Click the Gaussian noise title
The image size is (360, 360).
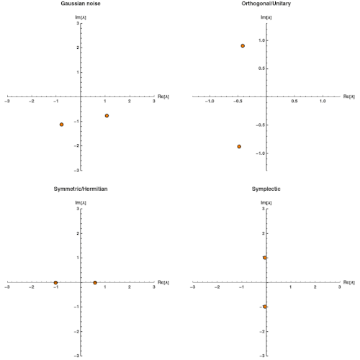tap(81, 4)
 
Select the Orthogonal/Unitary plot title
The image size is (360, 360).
tap(266, 4)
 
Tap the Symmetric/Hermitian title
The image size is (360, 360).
tap(81, 189)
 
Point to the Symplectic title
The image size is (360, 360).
tap(266, 189)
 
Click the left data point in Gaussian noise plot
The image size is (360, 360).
tap(61, 125)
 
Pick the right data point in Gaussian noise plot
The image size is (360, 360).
tap(107, 116)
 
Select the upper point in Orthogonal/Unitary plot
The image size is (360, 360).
tap(243, 46)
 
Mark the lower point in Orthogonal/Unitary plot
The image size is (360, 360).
tap(239, 147)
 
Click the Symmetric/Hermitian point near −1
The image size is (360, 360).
tap(55, 283)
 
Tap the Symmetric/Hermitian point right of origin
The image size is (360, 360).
tap(95, 283)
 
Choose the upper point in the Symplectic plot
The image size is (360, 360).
tap(265, 258)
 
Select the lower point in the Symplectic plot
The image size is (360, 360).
tap(265, 307)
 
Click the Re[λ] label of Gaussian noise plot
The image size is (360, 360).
tap(163, 96)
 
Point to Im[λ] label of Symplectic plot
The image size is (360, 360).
tap(266, 203)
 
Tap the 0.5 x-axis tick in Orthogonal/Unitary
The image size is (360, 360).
tap(294, 101)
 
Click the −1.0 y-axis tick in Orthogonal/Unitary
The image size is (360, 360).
tap(260, 153)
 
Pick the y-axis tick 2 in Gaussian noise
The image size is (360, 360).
tap(78, 48)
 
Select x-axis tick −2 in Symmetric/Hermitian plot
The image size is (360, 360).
tap(31, 287)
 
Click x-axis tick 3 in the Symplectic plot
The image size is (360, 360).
tap(339, 287)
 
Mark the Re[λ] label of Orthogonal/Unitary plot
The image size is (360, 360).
tap(349, 96)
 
